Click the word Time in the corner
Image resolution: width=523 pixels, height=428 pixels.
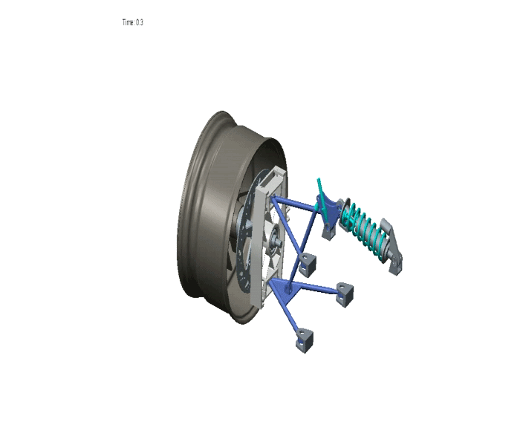pos(128,23)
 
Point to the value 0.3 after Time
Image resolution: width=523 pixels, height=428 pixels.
pos(140,23)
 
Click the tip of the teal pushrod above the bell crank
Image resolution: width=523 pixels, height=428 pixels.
pos(318,181)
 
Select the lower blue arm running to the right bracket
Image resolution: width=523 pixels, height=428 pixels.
pos(316,289)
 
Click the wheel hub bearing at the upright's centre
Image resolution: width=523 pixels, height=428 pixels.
pos(273,240)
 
